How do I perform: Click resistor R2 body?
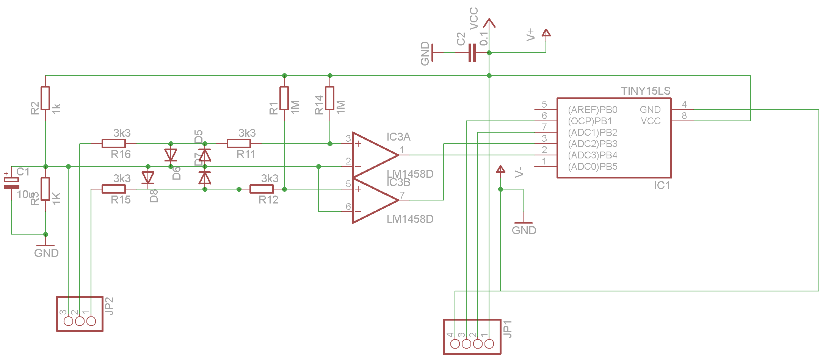click(45, 98)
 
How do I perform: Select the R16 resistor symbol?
click(114, 144)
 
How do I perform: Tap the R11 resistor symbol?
click(239, 144)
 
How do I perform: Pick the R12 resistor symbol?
click(262, 189)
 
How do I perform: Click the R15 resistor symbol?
click(114, 189)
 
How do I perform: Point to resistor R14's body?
click(330, 98)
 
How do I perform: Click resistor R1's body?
click(284, 98)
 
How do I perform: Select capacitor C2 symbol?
click(472, 53)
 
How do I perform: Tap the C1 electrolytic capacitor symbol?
click(11, 183)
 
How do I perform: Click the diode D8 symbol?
click(148, 178)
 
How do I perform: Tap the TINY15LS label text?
click(645, 91)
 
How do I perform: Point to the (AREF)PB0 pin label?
click(593, 110)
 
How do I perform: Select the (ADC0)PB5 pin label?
click(593, 167)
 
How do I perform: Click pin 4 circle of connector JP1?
click(455, 344)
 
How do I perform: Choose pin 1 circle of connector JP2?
click(91, 321)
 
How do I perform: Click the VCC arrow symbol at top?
click(489, 23)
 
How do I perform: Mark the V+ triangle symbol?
click(546, 33)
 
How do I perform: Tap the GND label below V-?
click(524, 230)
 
